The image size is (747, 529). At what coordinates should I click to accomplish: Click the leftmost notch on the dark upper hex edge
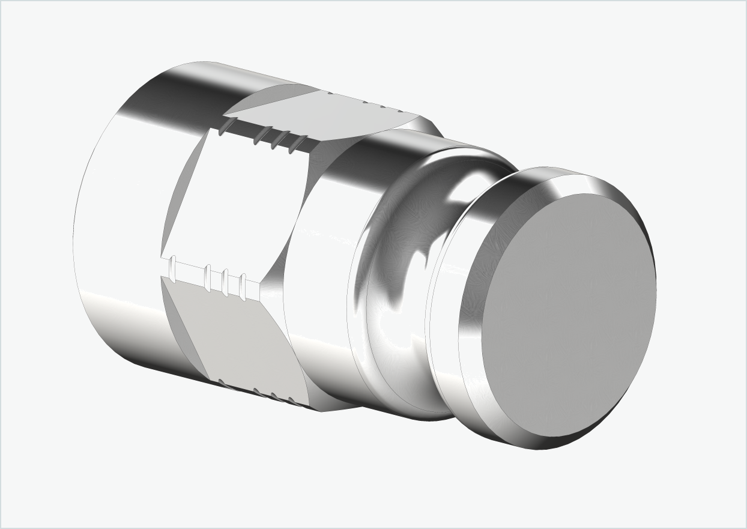225,125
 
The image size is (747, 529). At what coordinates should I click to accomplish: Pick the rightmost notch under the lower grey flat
291,401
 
